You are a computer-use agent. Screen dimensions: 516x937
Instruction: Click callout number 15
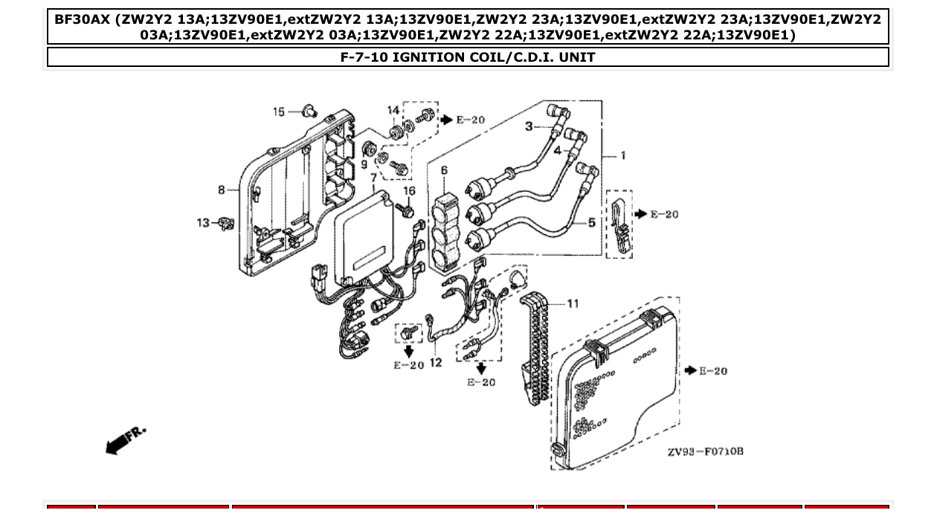[279, 112]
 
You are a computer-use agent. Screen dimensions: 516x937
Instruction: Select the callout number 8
[222, 190]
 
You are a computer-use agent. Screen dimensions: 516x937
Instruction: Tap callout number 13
[203, 222]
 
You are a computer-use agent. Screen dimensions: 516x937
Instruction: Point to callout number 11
[573, 303]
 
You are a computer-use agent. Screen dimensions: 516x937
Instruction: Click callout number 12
[436, 363]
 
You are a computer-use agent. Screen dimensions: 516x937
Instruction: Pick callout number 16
[409, 192]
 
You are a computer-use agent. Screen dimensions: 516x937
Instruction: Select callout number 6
[444, 171]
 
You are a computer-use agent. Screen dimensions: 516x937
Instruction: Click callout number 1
[622, 155]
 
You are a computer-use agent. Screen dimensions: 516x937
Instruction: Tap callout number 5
[592, 222]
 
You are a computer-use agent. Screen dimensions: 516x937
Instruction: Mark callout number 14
[393, 111]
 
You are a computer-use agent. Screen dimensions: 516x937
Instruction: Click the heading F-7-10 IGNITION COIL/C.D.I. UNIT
[468, 57]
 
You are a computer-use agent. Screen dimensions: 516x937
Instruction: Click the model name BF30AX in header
[82, 19]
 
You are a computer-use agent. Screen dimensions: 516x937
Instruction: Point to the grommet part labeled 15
[309, 112]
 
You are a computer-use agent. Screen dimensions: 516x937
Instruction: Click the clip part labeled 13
[227, 222]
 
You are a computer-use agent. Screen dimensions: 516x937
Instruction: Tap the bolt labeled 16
[405, 210]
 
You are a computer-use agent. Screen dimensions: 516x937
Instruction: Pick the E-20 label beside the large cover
[712, 371]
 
